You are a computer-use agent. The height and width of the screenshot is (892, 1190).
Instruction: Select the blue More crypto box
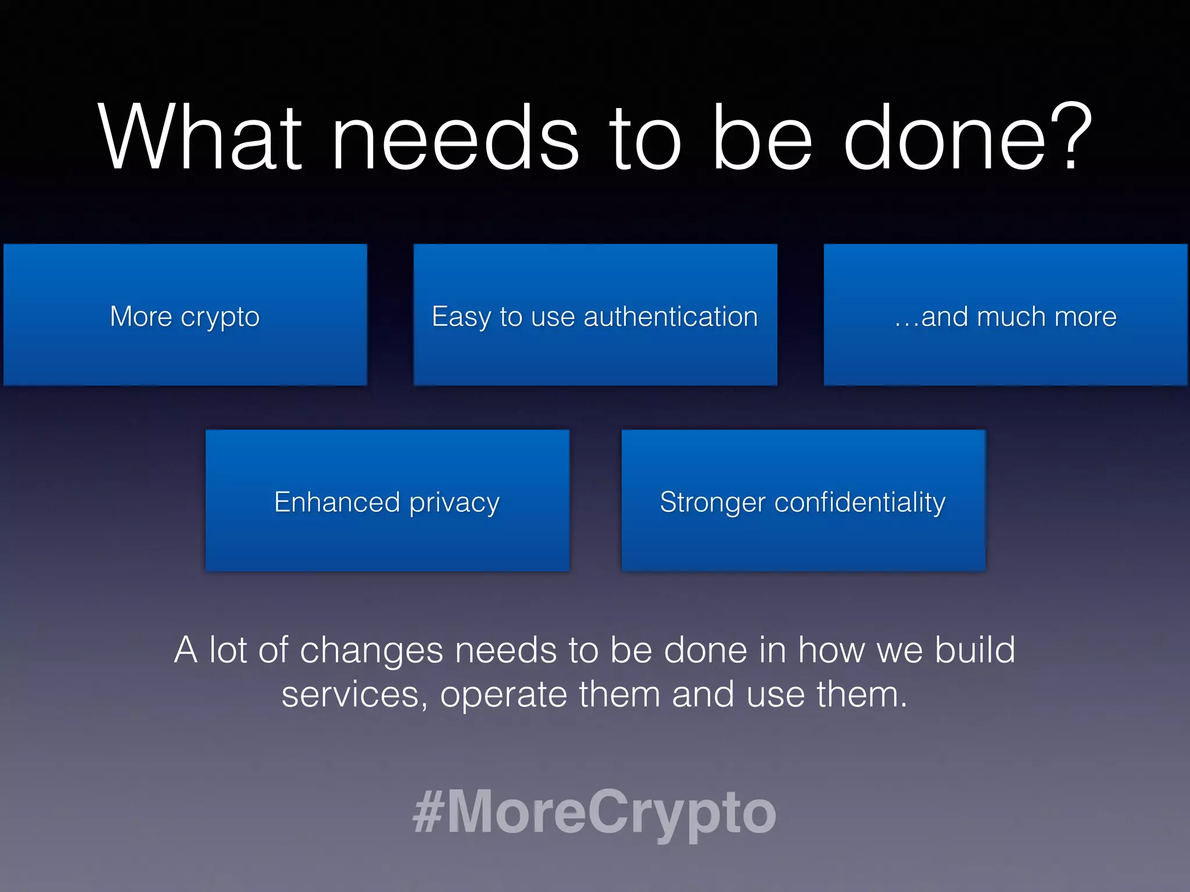pyautogui.click(x=185, y=315)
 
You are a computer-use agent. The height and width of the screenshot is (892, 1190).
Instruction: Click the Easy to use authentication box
pyautogui.click(x=595, y=315)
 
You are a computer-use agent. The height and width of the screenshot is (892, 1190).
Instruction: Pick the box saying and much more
pyautogui.click(x=1005, y=315)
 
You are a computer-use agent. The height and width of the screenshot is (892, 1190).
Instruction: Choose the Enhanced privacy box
pyautogui.click(x=387, y=501)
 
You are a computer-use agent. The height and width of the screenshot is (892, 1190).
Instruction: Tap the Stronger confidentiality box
pyautogui.click(x=803, y=501)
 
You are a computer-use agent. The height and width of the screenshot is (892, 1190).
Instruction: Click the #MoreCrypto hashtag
pyautogui.click(x=594, y=812)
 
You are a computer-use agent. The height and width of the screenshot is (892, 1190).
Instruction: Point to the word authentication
pyautogui.click(x=671, y=317)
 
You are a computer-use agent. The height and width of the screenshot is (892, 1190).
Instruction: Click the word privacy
pyautogui.click(x=454, y=503)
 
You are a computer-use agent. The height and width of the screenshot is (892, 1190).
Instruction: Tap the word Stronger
pyautogui.click(x=712, y=503)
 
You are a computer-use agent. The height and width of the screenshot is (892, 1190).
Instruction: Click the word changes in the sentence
pyautogui.click(x=372, y=650)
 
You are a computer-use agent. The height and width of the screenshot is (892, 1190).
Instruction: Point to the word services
pyautogui.click(x=351, y=695)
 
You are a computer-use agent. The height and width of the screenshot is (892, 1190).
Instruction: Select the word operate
pyautogui.click(x=503, y=696)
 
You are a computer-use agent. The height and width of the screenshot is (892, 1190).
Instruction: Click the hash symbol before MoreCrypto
pyautogui.click(x=428, y=812)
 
